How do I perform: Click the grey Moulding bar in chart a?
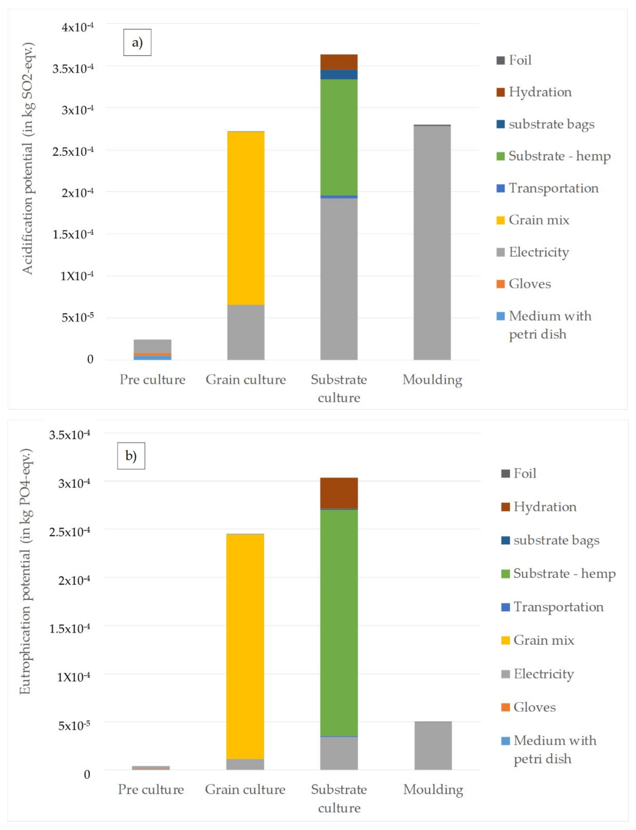click(432, 242)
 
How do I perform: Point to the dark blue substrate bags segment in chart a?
click(339, 74)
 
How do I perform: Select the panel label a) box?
click(137, 42)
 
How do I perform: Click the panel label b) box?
click(131, 455)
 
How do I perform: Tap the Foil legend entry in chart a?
click(514, 60)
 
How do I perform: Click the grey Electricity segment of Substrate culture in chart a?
click(339, 278)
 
